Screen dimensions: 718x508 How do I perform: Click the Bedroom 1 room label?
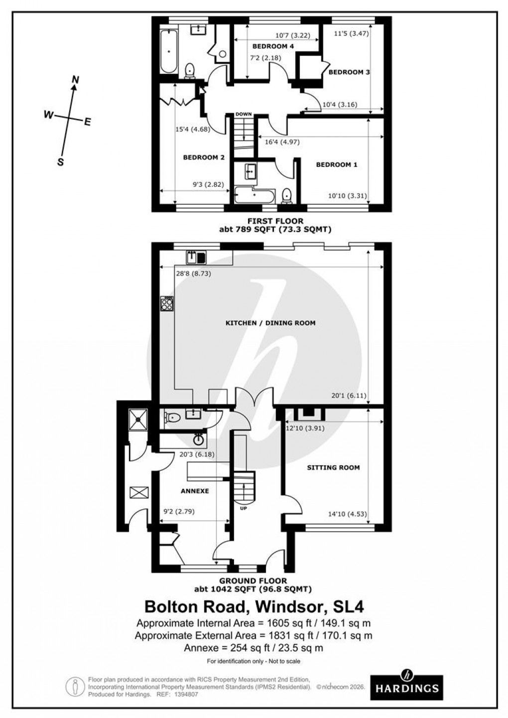click(337, 164)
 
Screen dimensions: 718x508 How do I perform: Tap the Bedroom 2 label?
click(204, 157)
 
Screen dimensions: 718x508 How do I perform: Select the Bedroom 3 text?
click(349, 72)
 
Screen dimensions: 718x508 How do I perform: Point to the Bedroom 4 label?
click(273, 46)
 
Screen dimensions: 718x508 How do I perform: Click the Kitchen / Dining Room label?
click(270, 323)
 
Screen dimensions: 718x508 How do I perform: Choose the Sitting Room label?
click(333, 467)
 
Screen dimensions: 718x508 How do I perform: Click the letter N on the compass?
click(76, 80)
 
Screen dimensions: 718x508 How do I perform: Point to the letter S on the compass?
click(61, 161)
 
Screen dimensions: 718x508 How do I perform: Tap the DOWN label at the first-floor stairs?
click(244, 114)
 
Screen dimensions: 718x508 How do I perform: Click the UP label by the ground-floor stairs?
click(244, 509)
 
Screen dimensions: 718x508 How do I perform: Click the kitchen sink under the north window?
click(196, 257)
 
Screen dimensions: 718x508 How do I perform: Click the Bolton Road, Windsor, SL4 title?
click(254, 607)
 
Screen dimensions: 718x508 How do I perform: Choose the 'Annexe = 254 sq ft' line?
click(254, 648)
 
